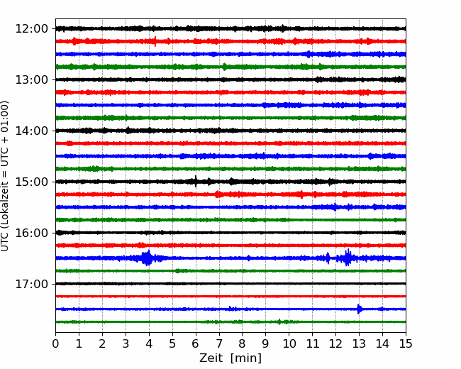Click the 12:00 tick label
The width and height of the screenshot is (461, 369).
tap(31, 29)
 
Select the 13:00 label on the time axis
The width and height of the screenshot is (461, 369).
tap(31, 79)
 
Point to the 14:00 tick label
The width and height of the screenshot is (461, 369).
tap(31, 131)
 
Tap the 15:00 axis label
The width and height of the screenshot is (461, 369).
tap(31, 182)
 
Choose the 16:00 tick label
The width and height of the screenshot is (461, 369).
tap(31, 233)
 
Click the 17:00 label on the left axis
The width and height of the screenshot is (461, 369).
tap(31, 284)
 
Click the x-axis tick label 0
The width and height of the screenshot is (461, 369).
tap(55, 343)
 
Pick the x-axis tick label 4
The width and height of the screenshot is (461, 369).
tap(149, 343)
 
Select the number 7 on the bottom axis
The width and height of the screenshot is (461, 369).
tap(219, 343)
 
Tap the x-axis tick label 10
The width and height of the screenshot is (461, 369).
tap(289, 343)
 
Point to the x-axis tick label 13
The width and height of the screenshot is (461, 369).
tap(359, 343)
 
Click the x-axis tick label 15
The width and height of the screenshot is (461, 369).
tap(406, 343)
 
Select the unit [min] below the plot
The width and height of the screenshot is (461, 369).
tap(246, 358)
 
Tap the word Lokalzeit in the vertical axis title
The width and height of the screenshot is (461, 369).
tap(5, 205)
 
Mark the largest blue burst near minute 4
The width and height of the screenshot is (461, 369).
tap(147, 258)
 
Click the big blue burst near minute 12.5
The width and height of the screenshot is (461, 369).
tap(348, 258)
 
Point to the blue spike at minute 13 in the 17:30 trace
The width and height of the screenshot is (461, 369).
tap(358, 309)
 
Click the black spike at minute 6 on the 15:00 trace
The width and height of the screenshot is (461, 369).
tap(196, 182)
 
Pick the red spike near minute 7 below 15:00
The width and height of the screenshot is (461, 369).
tap(218, 194)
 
